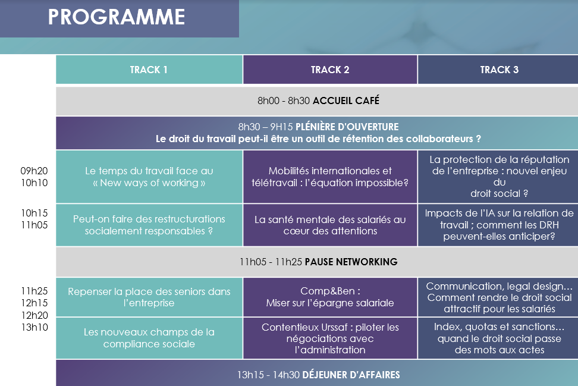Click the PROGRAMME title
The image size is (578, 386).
point(117,17)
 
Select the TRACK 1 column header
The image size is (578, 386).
point(149,70)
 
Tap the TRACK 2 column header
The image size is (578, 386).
point(330,70)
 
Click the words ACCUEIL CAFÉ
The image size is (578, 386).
point(345,101)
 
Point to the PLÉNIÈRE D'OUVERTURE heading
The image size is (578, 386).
point(347,127)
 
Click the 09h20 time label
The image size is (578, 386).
point(34,171)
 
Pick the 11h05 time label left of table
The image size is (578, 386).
point(34,225)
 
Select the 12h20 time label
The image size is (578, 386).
point(34,315)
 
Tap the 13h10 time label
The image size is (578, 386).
point(34,327)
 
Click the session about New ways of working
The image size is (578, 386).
point(149,177)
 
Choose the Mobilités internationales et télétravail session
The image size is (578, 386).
point(330,177)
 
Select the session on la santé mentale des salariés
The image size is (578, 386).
point(330,225)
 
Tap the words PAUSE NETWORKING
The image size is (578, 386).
point(351,262)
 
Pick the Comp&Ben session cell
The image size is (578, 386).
point(330,297)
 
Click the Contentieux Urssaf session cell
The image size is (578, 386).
point(330,338)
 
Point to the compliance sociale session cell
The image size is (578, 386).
point(149,338)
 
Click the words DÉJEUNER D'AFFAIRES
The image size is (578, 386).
point(351,375)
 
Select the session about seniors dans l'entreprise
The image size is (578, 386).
point(149,297)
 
